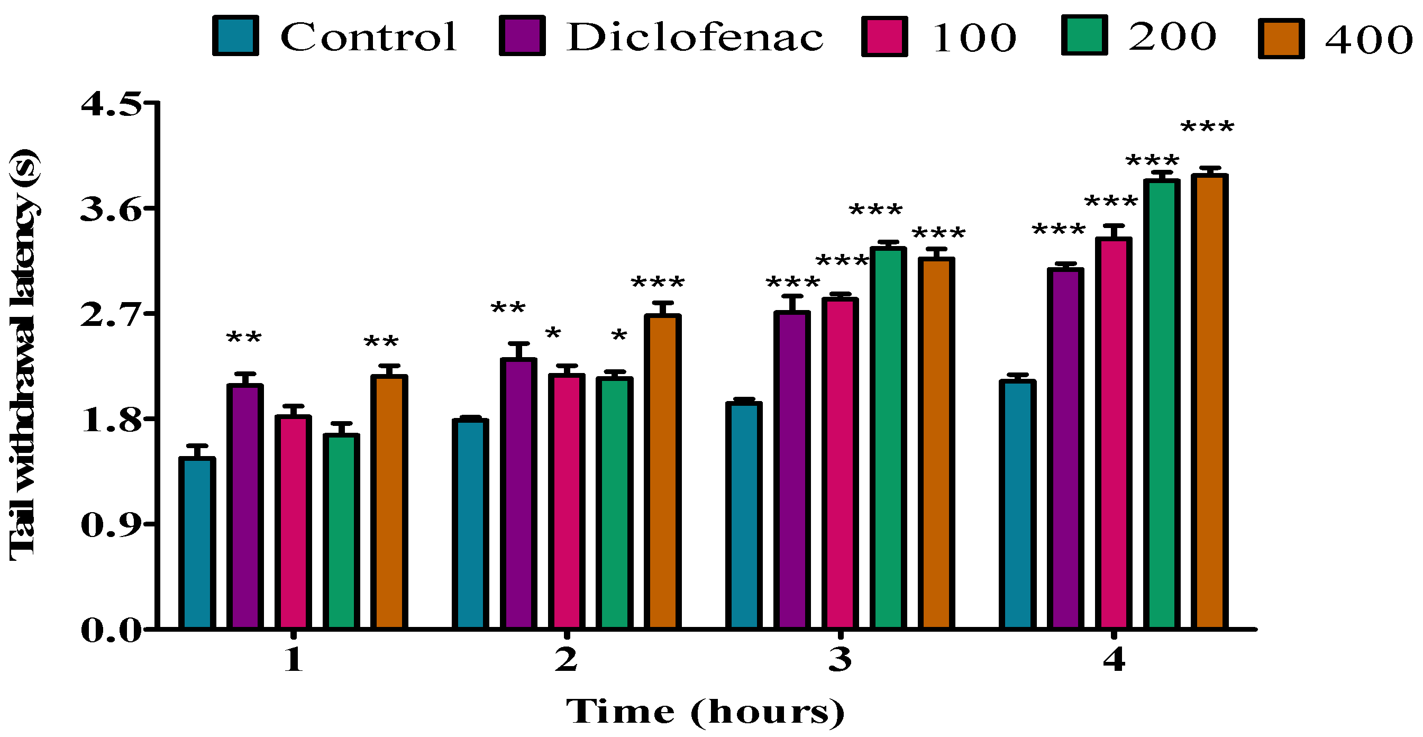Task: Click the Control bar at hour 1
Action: click(197, 543)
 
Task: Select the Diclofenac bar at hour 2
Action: click(518, 493)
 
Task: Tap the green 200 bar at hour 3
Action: click(888, 438)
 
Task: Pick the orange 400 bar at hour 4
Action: click(1209, 402)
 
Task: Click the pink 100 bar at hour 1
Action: click(293, 522)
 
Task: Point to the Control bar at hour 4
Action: click(1018, 504)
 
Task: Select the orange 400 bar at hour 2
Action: click(662, 472)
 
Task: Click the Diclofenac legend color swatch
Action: click(522, 37)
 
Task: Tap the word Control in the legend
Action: click(369, 37)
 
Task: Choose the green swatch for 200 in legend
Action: click(1084, 35)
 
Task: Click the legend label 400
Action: click(1369, 40)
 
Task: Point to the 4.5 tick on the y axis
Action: click(111, 104)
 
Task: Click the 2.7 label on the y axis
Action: click(111, 315)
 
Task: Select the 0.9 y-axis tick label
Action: click(111, 525)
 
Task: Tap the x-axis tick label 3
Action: click(840, 660)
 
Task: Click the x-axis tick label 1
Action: click(293, 660)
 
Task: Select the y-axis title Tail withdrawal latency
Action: click(23, 354)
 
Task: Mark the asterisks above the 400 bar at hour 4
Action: click(1207, 128)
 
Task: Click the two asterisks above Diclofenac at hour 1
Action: click(244, 337)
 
